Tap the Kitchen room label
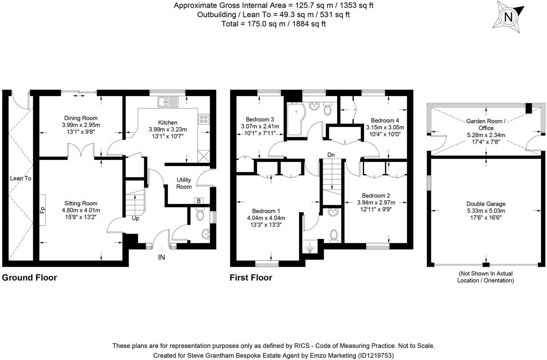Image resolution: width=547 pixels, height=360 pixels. (x=168, y=123)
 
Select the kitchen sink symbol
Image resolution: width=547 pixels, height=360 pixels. (x=168, y=102)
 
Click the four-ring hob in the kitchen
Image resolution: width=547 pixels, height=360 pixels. (x=203, y=119)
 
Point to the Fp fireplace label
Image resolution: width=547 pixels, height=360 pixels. (x=42, y=210)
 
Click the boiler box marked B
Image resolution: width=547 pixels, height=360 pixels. (x=199, y=201)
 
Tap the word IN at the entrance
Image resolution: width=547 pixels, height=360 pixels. (x=161, y=257)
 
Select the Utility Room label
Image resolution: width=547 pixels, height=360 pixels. (x=184, y=183)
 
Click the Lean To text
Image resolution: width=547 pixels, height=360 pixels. (x=20, y=178)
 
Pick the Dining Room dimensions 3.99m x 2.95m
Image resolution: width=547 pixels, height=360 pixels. (x=81, y=125)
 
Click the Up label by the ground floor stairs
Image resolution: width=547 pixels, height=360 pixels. (x=135, y=218)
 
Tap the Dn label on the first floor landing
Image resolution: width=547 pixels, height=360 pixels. (x=331, y=155)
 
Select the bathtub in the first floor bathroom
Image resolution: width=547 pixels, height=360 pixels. (x=296, y=119)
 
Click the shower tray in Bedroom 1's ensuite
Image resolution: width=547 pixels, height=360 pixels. (x=310, y=248)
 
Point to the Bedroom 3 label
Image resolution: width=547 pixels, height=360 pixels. (x=260, y=119)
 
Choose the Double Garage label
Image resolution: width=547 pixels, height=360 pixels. (x=486, y=204)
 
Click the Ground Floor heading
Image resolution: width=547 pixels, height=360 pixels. (x=29, y=278)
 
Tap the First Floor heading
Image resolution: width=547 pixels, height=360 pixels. (x=251, y=278)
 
